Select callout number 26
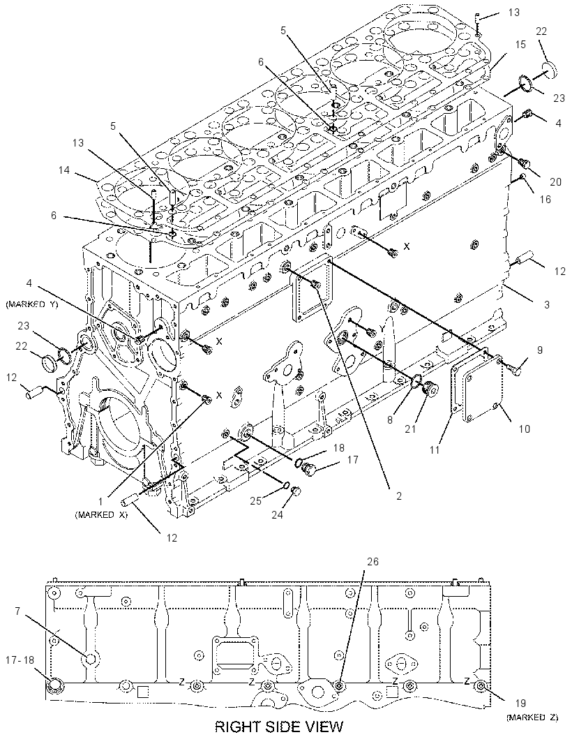click(372, 561)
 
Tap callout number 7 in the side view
click(17, 611)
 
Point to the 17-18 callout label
click(20, 660)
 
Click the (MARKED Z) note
click(532, 717)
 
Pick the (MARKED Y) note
click(32, 304)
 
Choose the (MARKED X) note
click(101, 515)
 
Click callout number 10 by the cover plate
click(524, 429)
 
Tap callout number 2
click(399, 496)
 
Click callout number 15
click(521, 45)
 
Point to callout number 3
click(547, 304)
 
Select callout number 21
click(410, 429)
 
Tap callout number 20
click(555, 181)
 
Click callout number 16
click(545, 200)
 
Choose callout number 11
click(435, 450)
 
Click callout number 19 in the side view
click(521, 704)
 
